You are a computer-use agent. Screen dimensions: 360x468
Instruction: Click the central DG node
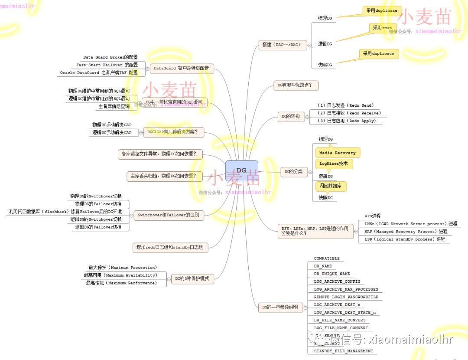click(241, 170)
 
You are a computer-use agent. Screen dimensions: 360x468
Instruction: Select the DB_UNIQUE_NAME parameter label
click(332, 274)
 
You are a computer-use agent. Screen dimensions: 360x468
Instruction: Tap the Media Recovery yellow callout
click(338, 153)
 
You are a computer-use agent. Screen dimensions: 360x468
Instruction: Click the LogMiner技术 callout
click(333, 164)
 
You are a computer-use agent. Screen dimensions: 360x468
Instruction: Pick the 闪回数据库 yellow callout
click(331, 186)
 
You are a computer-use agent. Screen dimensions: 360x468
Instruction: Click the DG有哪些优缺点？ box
click(296, 85)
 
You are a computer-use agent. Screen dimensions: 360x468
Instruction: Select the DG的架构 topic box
click(291, 117)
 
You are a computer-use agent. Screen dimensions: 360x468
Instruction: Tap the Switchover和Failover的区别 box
click(168, 215)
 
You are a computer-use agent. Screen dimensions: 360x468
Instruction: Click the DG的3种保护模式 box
click(192, 278)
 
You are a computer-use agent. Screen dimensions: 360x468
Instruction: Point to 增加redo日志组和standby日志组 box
click(170, 248)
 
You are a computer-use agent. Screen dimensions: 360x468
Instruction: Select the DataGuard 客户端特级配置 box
click(181, 68)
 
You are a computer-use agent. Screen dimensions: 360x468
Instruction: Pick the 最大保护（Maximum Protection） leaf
click(123, 268)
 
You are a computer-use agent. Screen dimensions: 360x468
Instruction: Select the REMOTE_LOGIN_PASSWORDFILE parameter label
click(346, 297)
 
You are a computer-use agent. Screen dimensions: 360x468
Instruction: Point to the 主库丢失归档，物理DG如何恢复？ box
click(164, 176)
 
